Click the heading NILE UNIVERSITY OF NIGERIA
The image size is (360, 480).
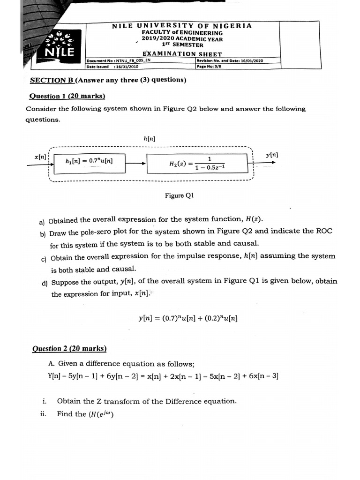[x=182, y=26]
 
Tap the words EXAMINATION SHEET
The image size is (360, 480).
[x=182, y=54]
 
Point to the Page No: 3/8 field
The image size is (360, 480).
[x=209, y=67]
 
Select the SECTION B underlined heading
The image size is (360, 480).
[x=52, y=80]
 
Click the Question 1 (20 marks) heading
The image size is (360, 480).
[x=67, y=97]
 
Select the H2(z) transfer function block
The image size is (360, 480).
[x=196, y=163]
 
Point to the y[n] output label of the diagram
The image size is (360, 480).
[x=272, y=154]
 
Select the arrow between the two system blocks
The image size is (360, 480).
[x=136, y=164]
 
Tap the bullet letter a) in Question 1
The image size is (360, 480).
[x=42, y=222]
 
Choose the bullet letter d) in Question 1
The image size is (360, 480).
[x=45, y=283]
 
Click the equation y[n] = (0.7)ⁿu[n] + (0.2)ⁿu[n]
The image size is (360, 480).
[x=188, y=318]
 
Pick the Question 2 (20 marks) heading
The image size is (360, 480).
[x=69, y=349]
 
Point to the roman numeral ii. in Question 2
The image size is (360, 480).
[x=44, y=414]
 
